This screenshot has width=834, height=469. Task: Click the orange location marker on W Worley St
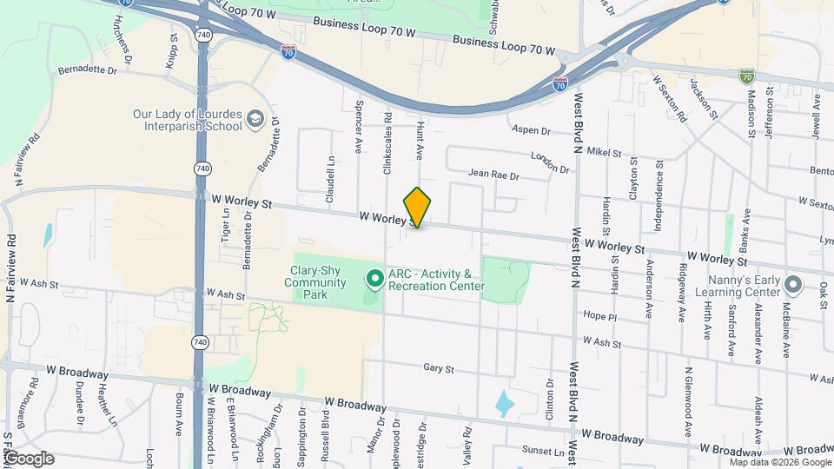[x=418, y=207]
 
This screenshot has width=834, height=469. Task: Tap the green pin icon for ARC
[x=375, y=280]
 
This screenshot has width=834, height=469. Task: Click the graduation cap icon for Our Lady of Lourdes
[x=255, y=118]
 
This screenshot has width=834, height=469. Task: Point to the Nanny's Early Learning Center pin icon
[x=792, y=285]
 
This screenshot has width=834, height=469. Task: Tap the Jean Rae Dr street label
[x=493, y=175]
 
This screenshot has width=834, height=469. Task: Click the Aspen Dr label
[x=533, y=130]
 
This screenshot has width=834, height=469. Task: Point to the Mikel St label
[x=605, y=153]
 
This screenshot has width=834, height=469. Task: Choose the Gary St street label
[x=439, y=368]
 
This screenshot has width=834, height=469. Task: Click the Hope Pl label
[x=599, y=316]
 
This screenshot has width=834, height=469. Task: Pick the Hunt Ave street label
[x=419, y=138]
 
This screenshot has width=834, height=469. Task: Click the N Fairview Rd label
[x=25, y=157]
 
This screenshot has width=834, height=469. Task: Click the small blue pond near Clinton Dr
[x=504, y=402]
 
